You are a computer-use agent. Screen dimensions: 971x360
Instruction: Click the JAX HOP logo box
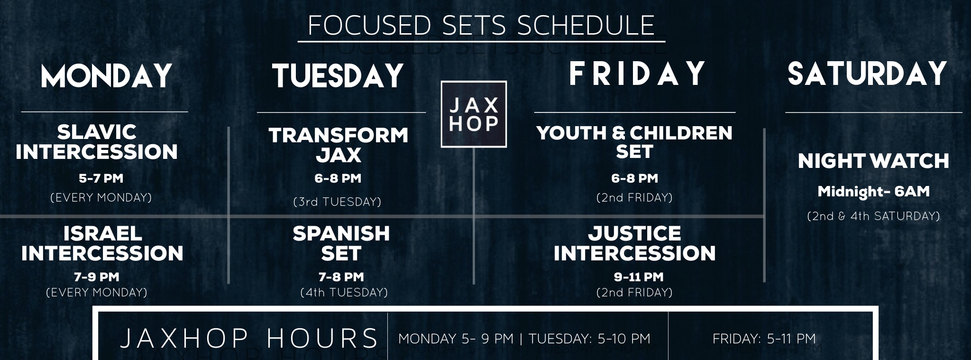pos(474,114)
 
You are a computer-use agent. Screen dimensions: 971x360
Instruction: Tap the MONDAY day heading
pos(106,76)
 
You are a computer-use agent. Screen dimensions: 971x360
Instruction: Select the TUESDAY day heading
pos(338,76)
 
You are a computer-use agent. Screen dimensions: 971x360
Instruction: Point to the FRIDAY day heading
pos(637,74)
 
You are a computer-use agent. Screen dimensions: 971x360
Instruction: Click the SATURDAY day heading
pos(867,74)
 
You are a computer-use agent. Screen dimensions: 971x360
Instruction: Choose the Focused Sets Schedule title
pos(481,25)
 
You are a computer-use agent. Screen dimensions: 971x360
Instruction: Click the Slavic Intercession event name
pos(97,142)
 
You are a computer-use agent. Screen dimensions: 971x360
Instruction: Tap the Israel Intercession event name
pos(102,243)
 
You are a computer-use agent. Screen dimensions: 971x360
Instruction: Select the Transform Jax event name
pos(339,145)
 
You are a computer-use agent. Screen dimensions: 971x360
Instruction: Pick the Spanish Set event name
pos(341,243)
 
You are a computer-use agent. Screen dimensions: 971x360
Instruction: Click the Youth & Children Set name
pos(634,142)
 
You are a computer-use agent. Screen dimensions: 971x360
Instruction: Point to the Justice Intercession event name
pos(635,243)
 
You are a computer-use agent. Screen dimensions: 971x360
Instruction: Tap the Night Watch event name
pos(873,161)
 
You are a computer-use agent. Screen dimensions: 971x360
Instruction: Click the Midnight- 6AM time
pos(874,192)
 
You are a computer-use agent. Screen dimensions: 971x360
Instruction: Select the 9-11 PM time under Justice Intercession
pos(639,277)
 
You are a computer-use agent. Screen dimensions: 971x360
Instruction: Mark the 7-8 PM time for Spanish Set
pos(341,277)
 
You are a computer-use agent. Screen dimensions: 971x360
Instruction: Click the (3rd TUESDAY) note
pos(338,202)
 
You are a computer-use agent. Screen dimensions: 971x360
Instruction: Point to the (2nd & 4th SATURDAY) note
pos(873,216)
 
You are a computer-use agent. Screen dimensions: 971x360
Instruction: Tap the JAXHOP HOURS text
pos(249,339)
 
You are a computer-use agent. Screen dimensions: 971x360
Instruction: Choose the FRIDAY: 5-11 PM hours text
pos(764,339)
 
